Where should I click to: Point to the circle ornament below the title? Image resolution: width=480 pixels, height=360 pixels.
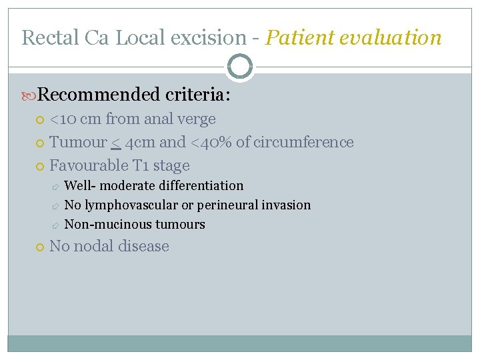(240, 67)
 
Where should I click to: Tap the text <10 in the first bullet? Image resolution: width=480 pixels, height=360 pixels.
(64, 119)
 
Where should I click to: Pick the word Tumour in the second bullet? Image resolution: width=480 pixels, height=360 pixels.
(78, 142)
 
